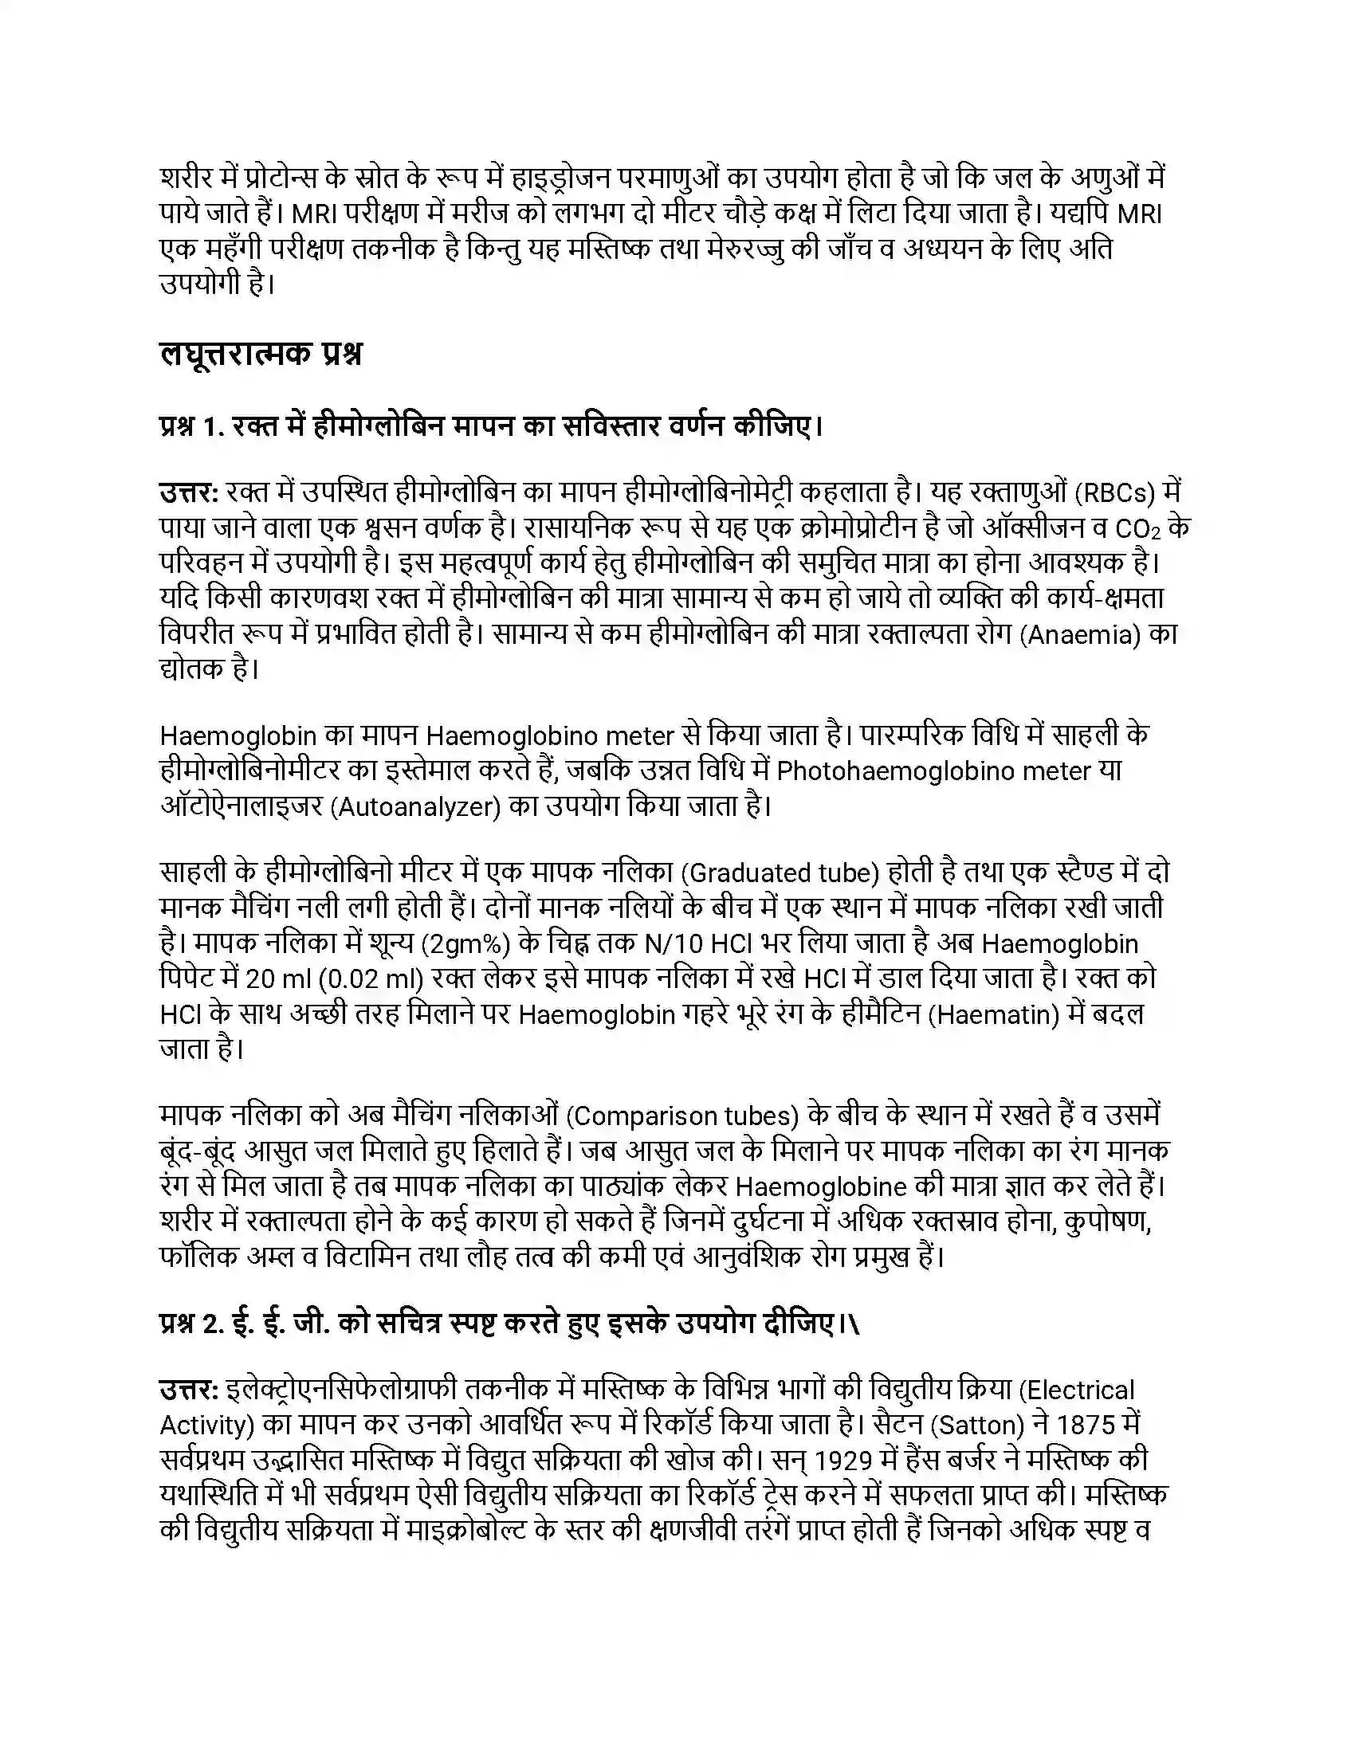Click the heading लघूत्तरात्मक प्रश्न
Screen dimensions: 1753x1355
(x=260, y=354)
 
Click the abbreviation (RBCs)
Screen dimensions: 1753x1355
(x=1117, y=492)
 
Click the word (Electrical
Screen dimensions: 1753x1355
(x=1075, y=1390)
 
